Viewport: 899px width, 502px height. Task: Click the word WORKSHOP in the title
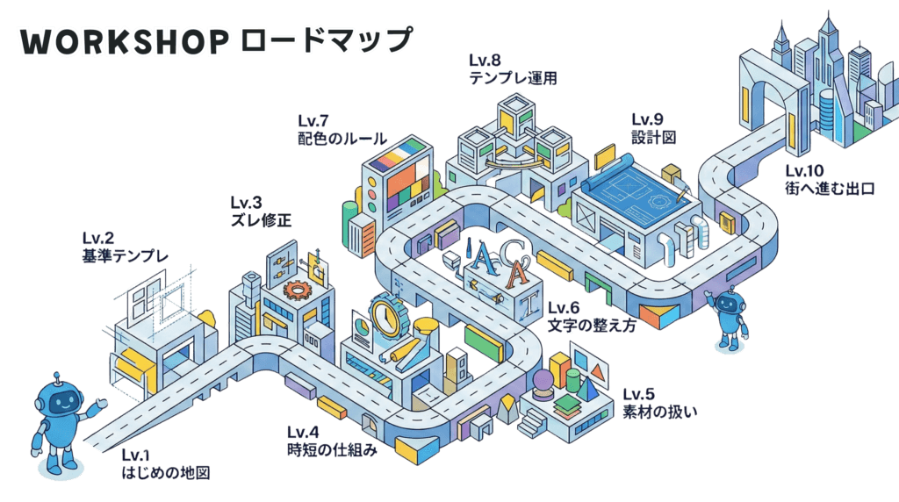tap(123, 41)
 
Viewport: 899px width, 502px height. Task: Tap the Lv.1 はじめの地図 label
tap(166, 465)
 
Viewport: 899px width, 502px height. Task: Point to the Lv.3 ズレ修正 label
tap(260, 212)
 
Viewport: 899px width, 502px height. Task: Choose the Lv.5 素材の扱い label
tap(658, 402)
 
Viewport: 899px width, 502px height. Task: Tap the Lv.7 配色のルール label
tap(341, 128)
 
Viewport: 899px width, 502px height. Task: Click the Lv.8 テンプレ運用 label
tap(513, 69)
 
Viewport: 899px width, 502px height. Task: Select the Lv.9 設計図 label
tap(653, 128)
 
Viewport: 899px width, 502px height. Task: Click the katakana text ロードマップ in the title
tap(326, 40)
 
